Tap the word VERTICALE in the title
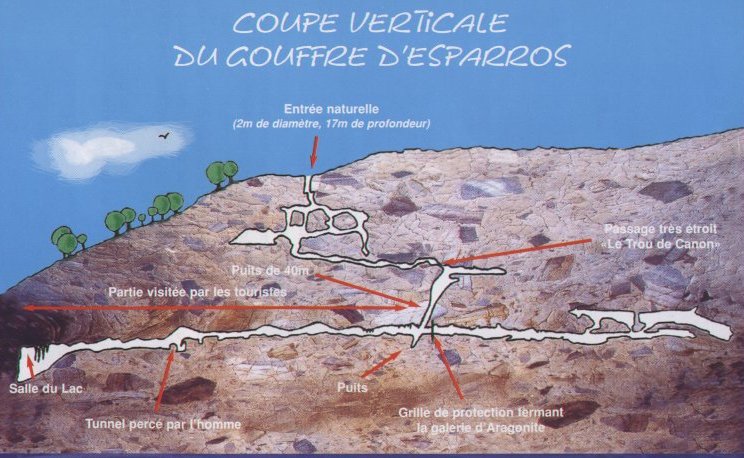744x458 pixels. tap(418, 24)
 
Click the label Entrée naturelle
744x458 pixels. tap(331, 109)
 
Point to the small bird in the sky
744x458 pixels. tap(164, 136)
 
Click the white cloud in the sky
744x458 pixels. tap(112, 150)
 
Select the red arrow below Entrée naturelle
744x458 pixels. tap(313, 151)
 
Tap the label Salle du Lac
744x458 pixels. tap(46, 389)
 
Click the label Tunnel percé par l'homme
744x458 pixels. tap(163, 424)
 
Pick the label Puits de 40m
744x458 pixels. tap(270, 271)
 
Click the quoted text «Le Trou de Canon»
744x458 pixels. tap(660, 245)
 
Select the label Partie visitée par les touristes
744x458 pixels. tap(197, 291)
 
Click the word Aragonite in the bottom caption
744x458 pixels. tap(515, 427)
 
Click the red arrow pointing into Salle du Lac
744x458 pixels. tap(30, 369)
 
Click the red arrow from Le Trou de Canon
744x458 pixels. tap(517, 252)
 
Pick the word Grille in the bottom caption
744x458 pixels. tap(414, 412)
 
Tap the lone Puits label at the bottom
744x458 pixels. tap(352, 387)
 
